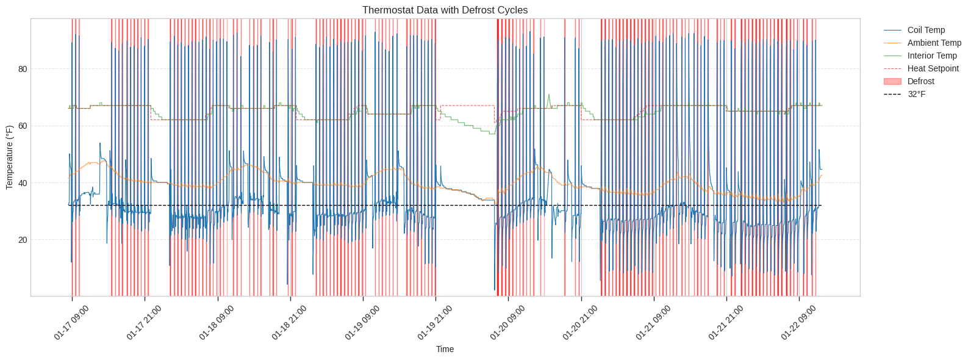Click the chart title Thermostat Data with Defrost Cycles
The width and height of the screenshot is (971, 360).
click(445, 10)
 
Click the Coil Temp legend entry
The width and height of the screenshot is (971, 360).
click(925, 30)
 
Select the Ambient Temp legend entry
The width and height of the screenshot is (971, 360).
click(933, 43)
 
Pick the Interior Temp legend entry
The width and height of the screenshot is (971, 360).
click(931, 56)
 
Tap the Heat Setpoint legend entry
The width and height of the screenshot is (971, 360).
click(933, 68)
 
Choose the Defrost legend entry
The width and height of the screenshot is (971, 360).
click(920, 81)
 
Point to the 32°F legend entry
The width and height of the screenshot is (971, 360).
click(916, 94)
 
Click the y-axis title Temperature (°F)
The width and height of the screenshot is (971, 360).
click(9, 157)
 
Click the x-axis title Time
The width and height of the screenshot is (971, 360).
click(445, 349)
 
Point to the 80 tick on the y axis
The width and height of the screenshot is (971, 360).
click(23, 69)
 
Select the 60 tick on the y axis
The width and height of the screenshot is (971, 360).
click(23, 126)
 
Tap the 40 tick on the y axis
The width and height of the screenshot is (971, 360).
click(23, 183)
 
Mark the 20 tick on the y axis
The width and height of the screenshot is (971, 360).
click(23, 240)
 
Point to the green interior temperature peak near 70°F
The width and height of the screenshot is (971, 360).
click(549, 95)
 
